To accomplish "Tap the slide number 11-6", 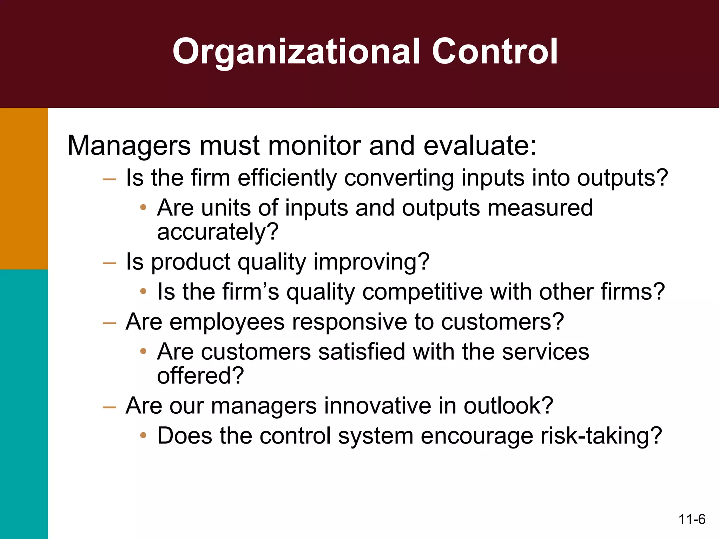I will [692, 519].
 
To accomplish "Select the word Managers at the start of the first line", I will [129, 145].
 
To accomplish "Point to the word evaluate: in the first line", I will [480, 145].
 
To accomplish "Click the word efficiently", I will [287, 178].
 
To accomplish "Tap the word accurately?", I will [218, 232].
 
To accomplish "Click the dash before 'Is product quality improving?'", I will [109, 263].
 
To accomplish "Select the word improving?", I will [371, 262].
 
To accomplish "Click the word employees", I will [227, 322].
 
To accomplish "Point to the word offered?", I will [200, 376].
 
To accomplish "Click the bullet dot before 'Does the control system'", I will [143, 435].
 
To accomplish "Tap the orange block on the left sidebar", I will [24, 188].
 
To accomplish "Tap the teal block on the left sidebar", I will [24, 404].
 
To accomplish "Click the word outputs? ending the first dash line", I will [622, 178].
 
